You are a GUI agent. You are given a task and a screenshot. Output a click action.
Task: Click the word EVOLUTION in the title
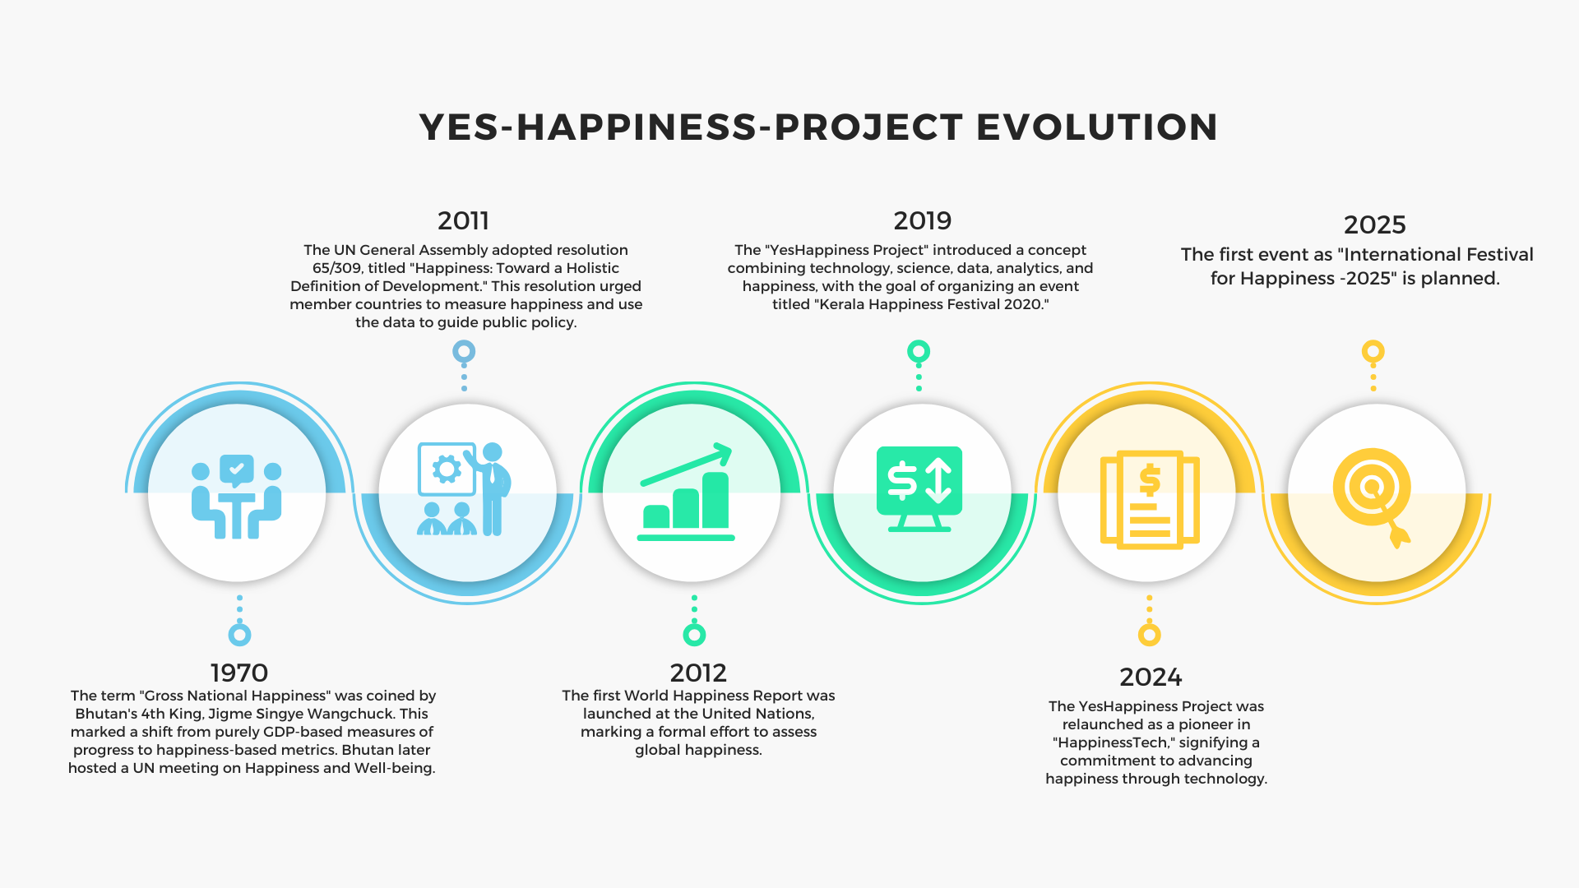1097,127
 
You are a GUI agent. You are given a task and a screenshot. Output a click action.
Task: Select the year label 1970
239,673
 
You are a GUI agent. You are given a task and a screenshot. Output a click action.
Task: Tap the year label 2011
463,220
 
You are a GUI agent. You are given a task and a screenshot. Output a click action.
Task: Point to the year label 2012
698,673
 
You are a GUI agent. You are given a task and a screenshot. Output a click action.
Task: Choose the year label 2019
923,220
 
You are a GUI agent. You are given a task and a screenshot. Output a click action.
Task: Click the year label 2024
1151,677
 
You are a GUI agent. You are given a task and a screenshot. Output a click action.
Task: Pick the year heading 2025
1375,224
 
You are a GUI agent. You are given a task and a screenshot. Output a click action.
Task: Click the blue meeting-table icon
237,497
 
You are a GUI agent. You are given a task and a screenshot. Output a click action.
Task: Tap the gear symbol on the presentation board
447,469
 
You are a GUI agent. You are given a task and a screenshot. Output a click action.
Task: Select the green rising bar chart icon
686,492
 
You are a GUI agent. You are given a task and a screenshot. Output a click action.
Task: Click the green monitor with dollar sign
919,489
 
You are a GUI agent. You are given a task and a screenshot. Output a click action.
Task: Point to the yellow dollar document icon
1150,499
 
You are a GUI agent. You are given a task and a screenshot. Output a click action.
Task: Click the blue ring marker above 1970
239,635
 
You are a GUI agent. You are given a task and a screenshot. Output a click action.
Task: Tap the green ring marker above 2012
694,635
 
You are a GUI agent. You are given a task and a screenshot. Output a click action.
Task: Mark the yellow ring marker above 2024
1149,635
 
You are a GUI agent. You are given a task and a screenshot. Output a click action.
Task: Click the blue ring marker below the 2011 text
464,352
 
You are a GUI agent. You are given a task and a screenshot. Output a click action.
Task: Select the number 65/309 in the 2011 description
338,268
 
